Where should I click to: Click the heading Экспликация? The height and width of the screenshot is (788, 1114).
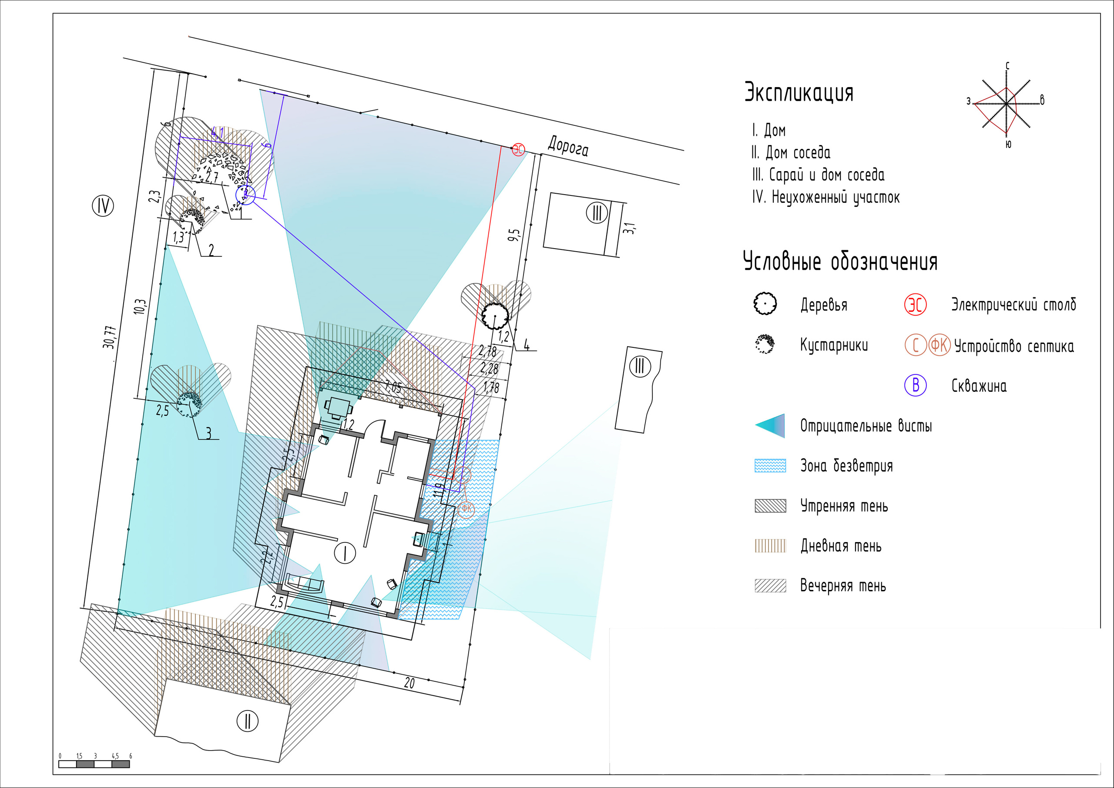799,92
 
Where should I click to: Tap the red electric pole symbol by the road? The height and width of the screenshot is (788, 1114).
518,149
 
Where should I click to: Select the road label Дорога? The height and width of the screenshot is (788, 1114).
568,146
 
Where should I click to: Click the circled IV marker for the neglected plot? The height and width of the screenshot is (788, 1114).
103,206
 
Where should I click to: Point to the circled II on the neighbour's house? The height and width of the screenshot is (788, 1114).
248,721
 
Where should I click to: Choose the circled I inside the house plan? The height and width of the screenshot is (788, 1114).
345,552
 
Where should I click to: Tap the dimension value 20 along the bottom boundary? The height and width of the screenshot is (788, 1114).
409,683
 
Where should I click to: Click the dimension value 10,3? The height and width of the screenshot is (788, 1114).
140,306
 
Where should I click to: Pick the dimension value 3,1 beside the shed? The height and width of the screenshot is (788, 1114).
629,228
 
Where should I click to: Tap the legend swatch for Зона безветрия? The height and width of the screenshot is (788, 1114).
770,465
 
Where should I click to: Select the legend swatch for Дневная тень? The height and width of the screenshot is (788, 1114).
770,546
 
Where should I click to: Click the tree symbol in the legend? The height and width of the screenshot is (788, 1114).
765,304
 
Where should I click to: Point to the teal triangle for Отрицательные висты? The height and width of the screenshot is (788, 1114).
771,426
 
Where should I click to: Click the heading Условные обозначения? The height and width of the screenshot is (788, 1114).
840,262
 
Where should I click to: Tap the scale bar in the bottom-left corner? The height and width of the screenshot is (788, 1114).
94,764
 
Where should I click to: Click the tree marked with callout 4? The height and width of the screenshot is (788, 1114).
495,315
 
